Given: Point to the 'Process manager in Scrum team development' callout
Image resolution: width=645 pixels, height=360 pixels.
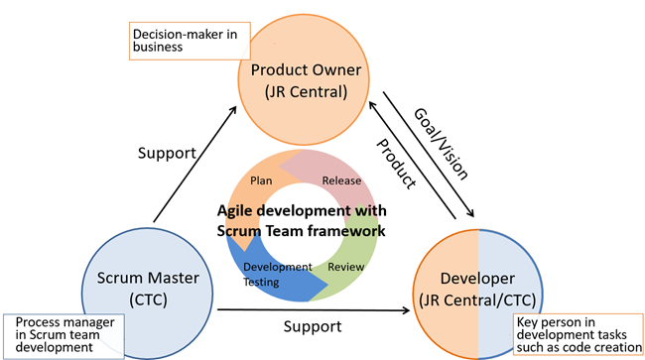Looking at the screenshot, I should tap(64, 335).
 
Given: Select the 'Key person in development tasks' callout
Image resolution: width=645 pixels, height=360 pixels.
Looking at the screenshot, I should tap(577, 335).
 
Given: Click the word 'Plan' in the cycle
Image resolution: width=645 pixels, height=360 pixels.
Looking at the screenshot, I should tap(261, 180).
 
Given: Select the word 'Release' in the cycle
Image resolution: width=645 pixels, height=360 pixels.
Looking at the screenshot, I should tap(342, 180).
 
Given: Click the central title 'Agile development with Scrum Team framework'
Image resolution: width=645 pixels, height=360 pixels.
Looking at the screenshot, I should tap(302, 220).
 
